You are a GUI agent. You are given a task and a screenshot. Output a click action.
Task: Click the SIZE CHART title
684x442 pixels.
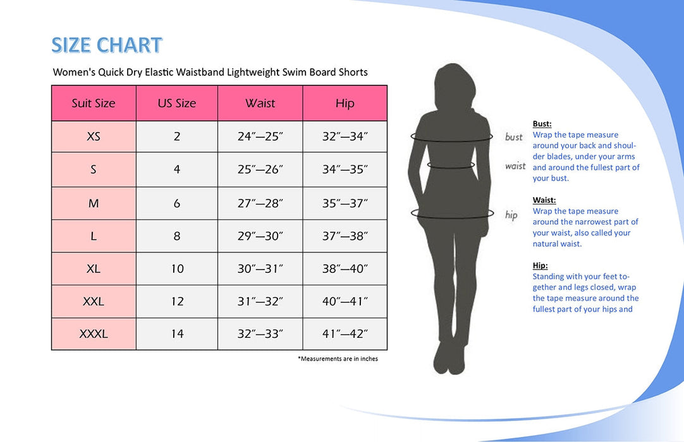(107, 45)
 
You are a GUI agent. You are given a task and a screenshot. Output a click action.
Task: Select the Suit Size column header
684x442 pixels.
(94, 104)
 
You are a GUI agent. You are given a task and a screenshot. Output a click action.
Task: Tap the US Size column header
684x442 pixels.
(176, 104)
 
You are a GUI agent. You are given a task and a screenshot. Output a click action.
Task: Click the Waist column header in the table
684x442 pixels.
(260, 104)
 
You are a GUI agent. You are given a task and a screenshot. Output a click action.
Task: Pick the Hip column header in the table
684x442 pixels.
(345, 104)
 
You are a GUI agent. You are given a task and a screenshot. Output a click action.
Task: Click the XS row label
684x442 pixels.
(94, 136)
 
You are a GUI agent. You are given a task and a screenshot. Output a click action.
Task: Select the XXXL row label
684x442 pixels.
(94, 334)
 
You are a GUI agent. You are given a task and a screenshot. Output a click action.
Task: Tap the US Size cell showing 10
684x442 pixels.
(177, 268)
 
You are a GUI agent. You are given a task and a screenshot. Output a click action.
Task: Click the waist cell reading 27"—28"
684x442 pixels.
(260, 203)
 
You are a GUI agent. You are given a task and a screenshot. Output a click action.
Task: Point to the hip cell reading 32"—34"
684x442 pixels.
(345, 136)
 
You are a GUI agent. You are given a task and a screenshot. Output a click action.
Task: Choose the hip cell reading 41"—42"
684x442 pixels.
(345, 334)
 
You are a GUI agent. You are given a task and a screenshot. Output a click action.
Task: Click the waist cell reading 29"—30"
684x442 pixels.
(260, 236)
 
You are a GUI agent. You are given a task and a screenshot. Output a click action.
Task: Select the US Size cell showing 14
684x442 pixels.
(177, 334)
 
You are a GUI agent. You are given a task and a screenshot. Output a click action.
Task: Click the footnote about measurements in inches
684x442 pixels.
(338, 359)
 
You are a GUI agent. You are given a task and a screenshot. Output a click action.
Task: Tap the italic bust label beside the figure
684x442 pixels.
(513, 137)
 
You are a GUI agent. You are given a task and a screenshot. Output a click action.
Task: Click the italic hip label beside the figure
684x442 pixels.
(511, 215)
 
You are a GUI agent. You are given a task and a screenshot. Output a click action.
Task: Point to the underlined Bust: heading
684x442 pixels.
(542, 124)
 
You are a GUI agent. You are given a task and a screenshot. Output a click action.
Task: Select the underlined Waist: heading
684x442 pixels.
(544, 200)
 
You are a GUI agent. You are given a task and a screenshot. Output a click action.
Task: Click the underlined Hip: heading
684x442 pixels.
(540, 265)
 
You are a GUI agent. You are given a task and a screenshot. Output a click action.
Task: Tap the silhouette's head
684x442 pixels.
(454, 85)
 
